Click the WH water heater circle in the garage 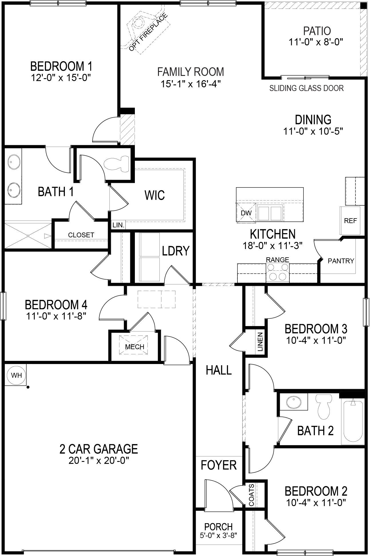click(16, 375)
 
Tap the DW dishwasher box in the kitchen click(246, 213)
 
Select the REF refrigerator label click(350, 221)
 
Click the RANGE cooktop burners click(278, 272)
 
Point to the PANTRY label click(341, 261)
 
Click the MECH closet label click(135, 347)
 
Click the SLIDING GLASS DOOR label click(306, 88)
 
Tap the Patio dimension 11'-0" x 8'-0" click(315, 42)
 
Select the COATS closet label click(251, 491)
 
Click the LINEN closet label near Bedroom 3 click(260, 341)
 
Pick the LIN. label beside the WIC click(118, 225)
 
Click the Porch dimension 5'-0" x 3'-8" click(219, 535)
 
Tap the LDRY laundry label click(175, 251)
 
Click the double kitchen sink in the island click(270, 213)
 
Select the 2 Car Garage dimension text click(99, 461)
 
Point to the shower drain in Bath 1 click(28, 236)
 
